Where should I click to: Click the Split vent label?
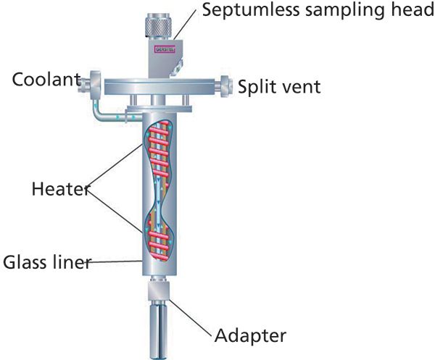(279, 87)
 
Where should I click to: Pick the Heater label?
(60, 190)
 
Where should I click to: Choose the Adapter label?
(250, 335)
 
